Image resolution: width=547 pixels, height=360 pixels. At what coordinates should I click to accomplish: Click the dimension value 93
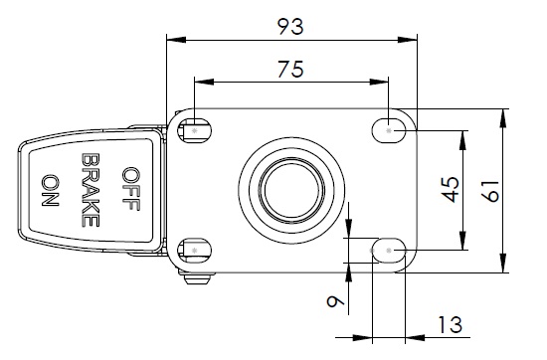pyautogui.click(x=290, y=27)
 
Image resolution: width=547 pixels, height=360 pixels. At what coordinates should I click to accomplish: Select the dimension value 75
pyautogui.click(x=290, y=69)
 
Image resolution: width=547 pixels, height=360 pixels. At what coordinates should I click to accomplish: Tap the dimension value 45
pyautogui.click(x=452, y=190)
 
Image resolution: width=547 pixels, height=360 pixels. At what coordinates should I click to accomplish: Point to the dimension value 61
pyautogui.click(x=491, y=191)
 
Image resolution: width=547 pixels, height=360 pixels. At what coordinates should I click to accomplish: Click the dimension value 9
pyautogui.click(x=335, y=300)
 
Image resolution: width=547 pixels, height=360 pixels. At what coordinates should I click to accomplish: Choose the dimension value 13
pyautogui.click(x=450, y=325)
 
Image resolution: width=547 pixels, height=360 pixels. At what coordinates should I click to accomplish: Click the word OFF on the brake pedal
pyautogui.click(x=131, y=189)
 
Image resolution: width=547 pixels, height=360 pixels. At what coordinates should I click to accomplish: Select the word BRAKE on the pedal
pyautogui.click(x=91, y=190)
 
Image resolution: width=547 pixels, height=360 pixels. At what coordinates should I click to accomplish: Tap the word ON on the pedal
pyautogui.click(x=51, y=190)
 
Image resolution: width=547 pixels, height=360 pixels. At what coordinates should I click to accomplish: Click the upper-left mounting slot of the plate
pyautogui.click(x=194, y=131)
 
